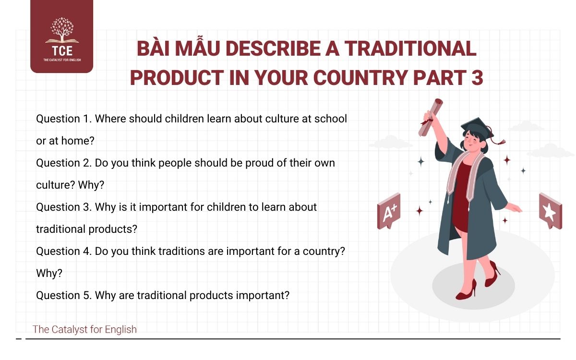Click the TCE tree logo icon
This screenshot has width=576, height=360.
(x=61, y=31)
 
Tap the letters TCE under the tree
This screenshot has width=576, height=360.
(x=61, y=51)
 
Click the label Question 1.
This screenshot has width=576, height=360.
(x=63, y=119)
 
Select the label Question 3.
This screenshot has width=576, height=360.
(x=63, y=207)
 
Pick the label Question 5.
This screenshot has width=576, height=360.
(x=63, y=295)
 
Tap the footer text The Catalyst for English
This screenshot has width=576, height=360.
(x=84, y=329)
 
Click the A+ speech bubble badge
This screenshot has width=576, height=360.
(x=389, y=210)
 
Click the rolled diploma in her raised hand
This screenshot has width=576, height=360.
(x=431, y=115)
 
